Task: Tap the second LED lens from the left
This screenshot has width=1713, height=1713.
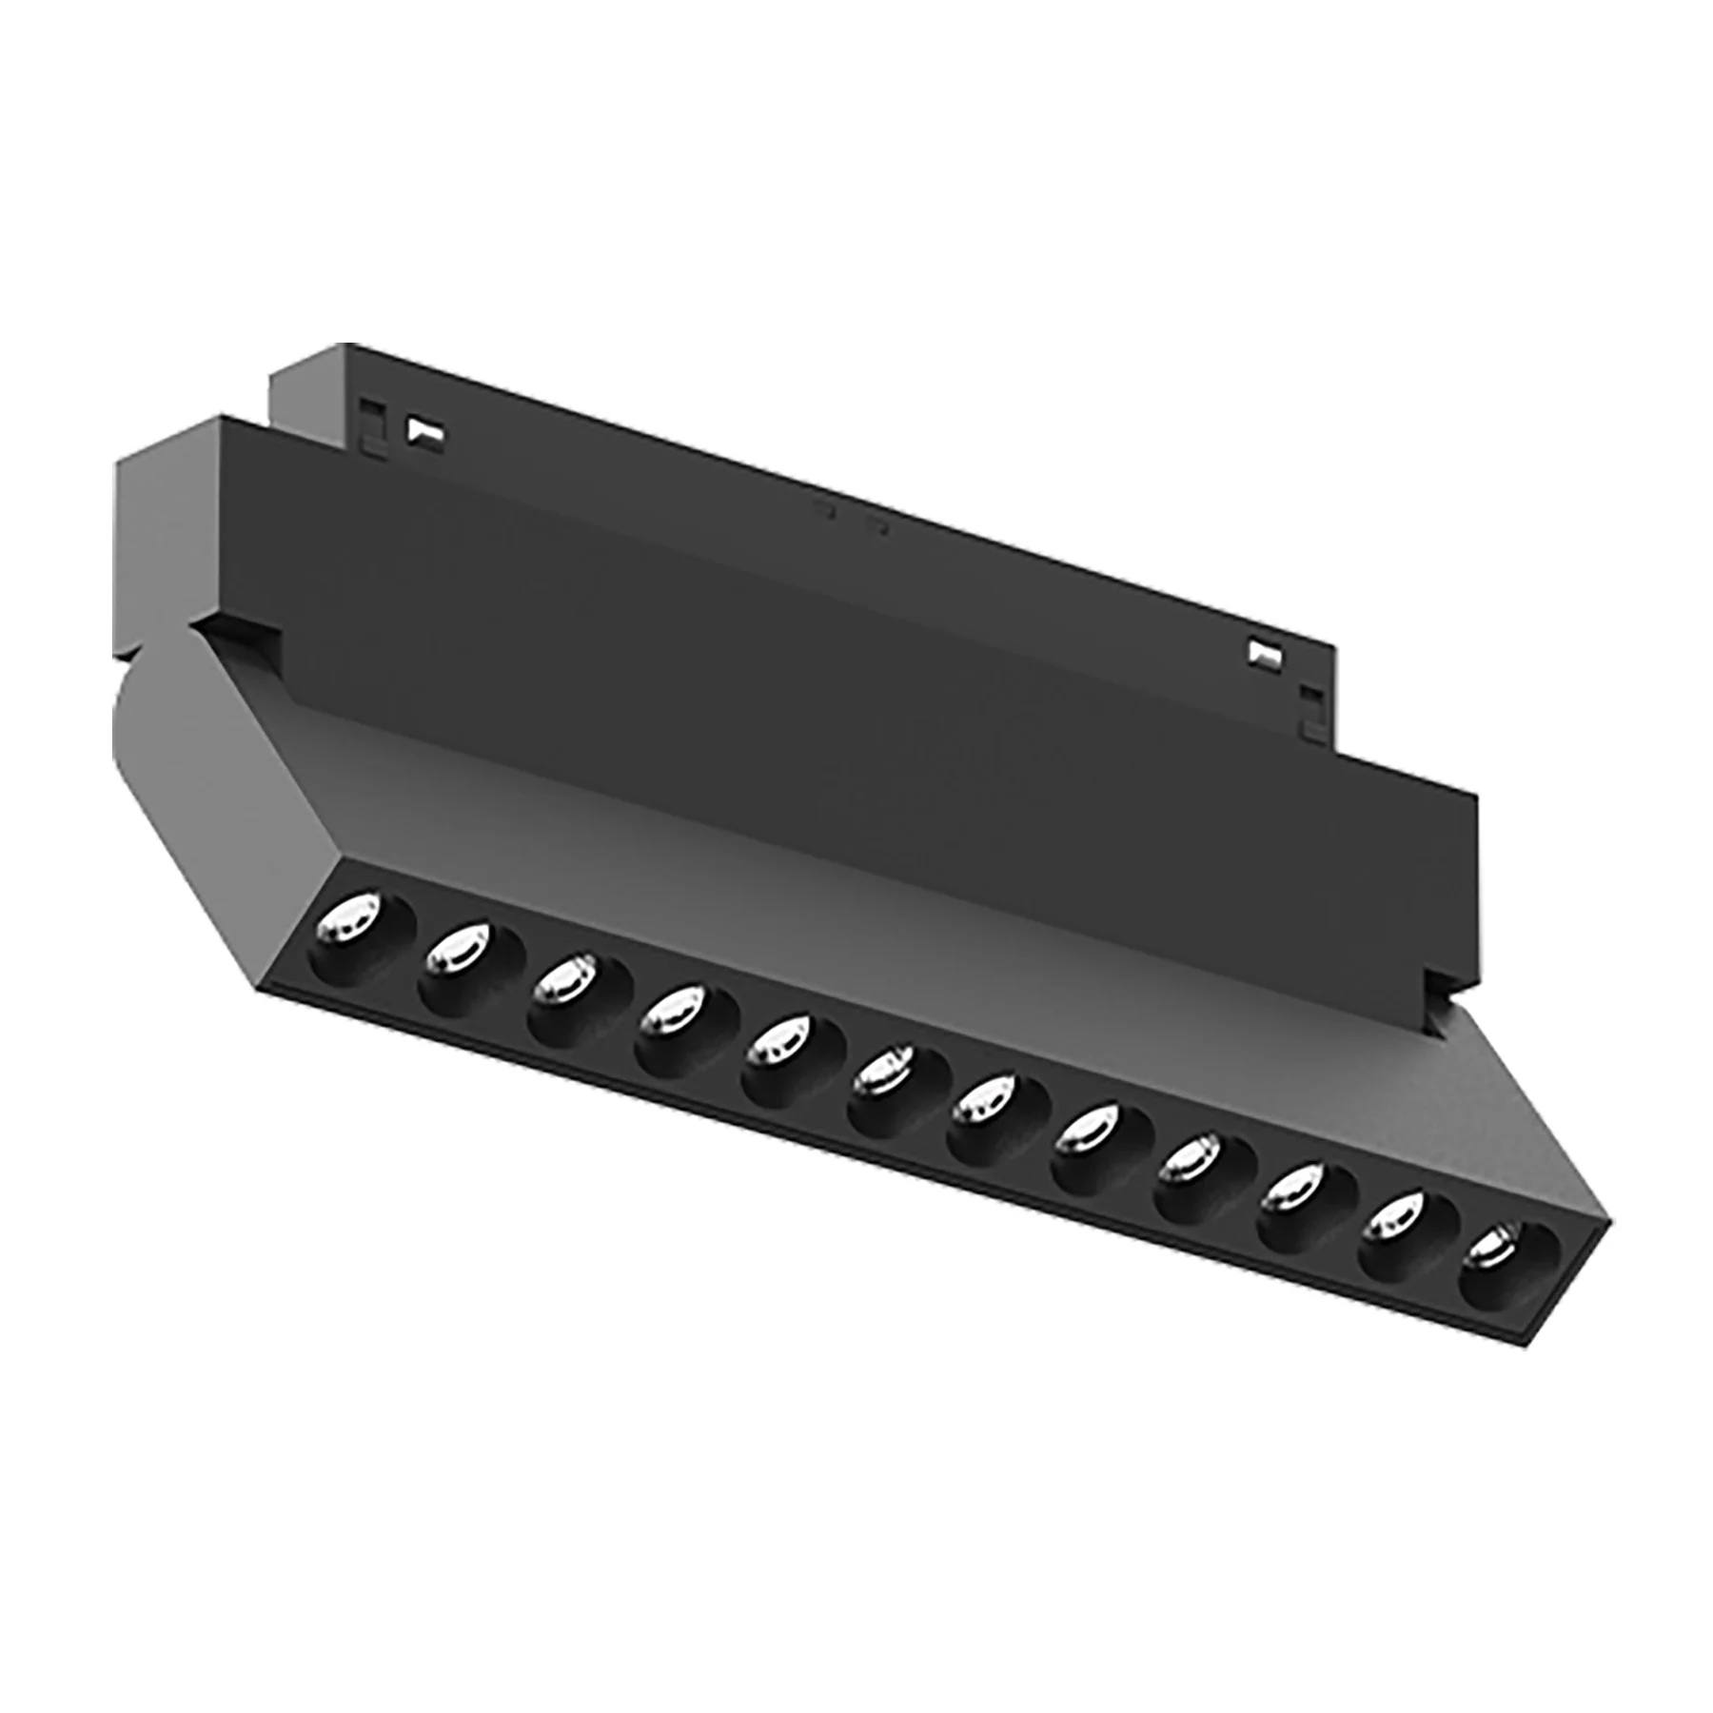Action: (x=457, y=952)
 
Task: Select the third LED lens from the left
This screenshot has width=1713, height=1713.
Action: (x=562, y=980)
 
